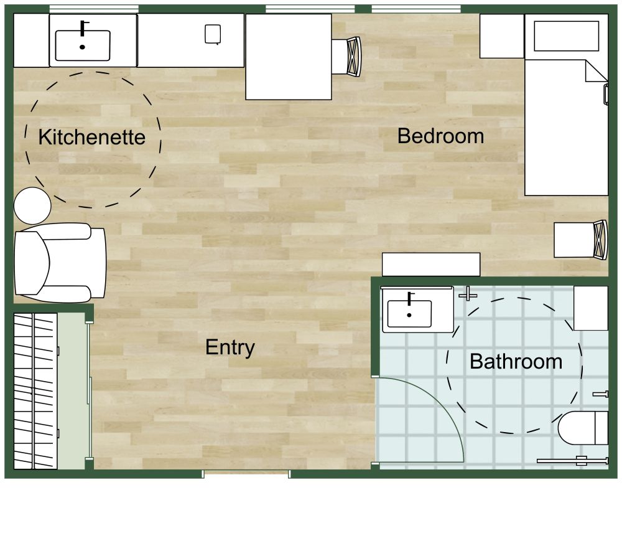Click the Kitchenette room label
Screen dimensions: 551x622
point(91,137)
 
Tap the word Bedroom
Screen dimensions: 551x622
point(440,136)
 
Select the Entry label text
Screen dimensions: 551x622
point(230,347)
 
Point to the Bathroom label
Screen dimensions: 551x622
point(516,361)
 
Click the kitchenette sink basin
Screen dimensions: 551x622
point(83,45)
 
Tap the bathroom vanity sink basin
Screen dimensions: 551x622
point(409,314)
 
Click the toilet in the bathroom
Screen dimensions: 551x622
point(582,428)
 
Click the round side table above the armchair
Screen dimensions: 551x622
point(32,206)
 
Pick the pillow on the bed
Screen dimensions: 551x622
point(566,33)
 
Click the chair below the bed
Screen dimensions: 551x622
point(582,240)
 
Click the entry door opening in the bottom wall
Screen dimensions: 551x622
point(246,474)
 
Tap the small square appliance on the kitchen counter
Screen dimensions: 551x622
point(213,34)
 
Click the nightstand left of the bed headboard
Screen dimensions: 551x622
point(501,36)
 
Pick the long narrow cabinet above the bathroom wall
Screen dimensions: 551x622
point(430,264)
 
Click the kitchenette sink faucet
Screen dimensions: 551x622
point(83,29)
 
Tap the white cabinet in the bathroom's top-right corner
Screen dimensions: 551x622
point(590,308)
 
